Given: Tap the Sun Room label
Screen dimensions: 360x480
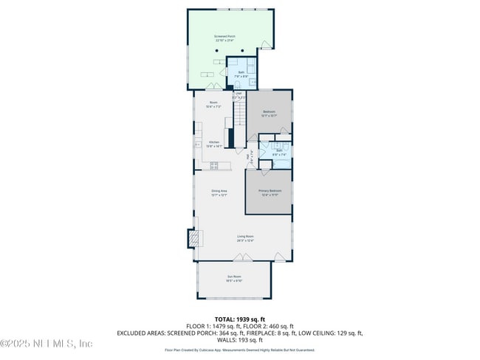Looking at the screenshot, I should click(234, 279).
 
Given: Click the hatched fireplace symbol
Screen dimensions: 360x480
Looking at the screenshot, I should click(193, 238).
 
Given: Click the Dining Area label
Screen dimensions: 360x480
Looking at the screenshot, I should click(219, 192).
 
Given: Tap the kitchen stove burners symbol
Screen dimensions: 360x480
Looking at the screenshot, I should click(215, 165).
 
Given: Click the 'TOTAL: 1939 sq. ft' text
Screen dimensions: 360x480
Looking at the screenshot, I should click(240, 319).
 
